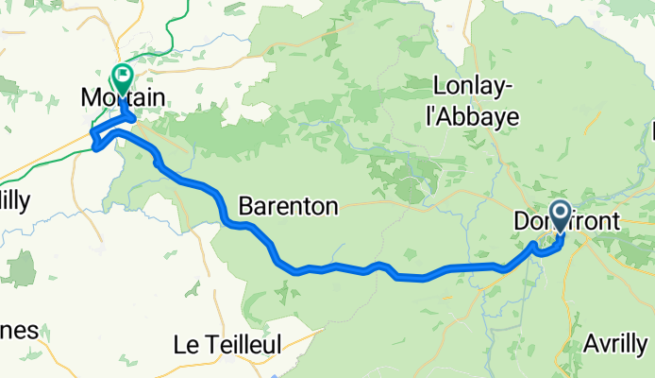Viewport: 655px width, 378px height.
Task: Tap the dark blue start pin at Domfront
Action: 559,214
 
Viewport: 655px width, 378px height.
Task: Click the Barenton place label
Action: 288,206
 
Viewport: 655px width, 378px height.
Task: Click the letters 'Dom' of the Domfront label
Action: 531,221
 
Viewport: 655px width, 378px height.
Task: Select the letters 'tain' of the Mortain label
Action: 148,97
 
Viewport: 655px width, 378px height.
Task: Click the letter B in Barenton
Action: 245,206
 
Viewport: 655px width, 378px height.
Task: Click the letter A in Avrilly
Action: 592,342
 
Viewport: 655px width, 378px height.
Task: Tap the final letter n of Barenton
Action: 330,206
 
